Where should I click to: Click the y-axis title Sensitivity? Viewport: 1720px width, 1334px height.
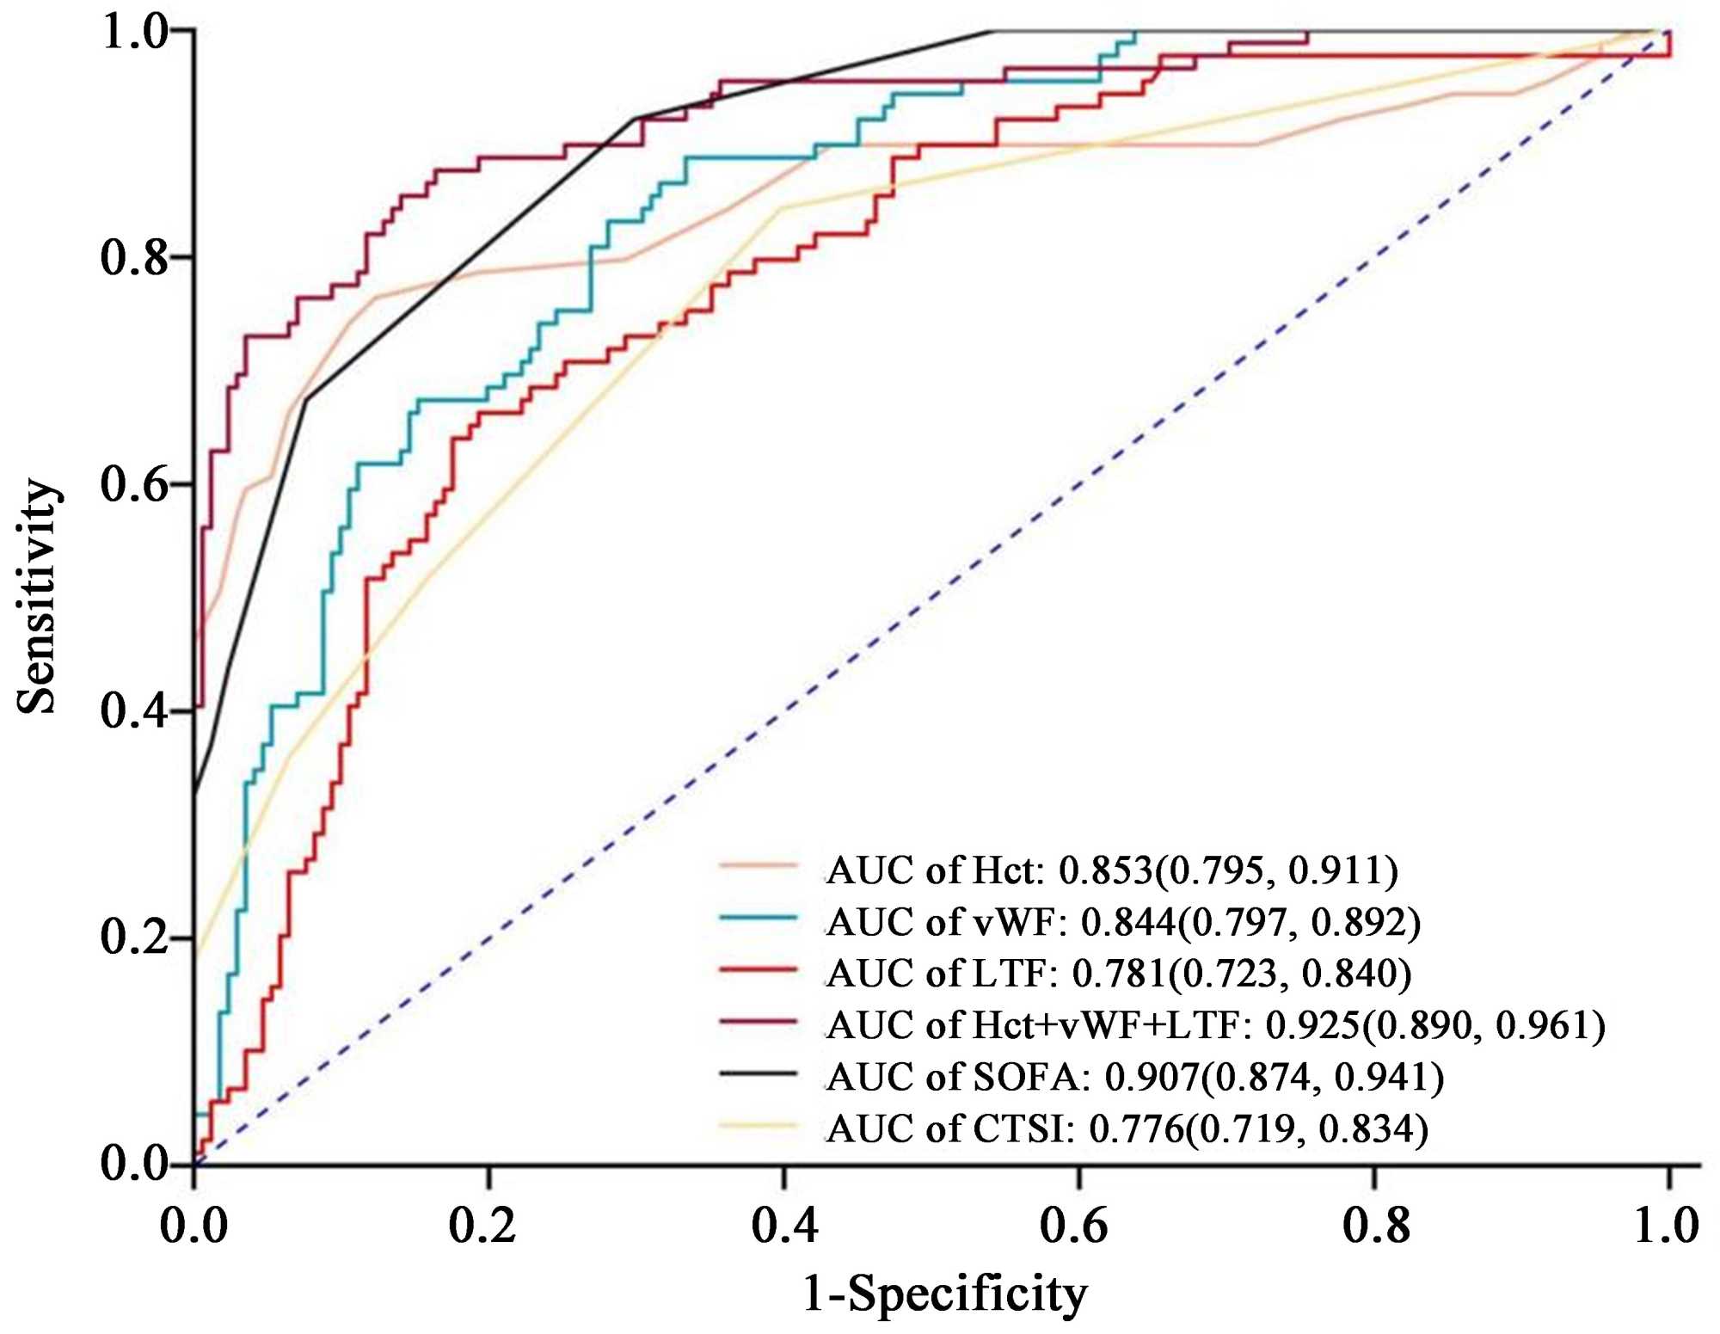[38, 596]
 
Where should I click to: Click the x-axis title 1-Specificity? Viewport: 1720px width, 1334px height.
[944, 1293]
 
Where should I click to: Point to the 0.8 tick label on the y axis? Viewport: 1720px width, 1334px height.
[134, 257]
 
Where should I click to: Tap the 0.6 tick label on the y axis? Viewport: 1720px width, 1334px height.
[134, 484]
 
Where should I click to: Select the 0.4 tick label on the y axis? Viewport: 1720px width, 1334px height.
[134, 711]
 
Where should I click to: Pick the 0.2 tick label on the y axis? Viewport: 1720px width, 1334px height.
[134, 937]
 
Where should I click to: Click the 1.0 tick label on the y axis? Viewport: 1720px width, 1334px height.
[134, 32]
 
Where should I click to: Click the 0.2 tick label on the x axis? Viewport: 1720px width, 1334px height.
[482, 1224]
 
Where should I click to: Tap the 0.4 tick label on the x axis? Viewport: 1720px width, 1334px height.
[784, 1224]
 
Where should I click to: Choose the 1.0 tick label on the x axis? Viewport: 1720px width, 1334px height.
[1667, 1224]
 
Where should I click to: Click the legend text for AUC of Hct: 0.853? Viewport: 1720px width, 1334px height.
[1112, 870]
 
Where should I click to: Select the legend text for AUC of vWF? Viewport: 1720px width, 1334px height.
[1123, 922]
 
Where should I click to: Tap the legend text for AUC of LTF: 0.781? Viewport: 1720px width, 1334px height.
[1119, 974]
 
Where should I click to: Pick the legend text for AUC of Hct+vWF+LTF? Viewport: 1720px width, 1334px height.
[1215, 1025]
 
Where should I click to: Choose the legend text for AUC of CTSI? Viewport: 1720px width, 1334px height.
[1127, 1128]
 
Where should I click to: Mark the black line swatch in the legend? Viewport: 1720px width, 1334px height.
[759, 1073]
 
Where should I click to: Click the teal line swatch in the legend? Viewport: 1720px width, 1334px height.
[759, 919]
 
